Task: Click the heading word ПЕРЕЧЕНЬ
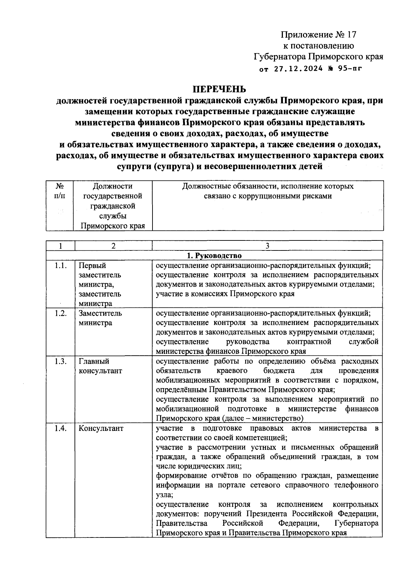pos(219,89)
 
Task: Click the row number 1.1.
pos(61,266)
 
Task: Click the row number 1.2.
pos(61,314)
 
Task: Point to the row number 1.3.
pos(61,361)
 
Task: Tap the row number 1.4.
pos(61,428)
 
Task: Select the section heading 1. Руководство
pos(214,256)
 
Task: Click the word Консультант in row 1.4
pos(101,428)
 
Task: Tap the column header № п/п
pos(60,191)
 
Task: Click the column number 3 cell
pos(267,246)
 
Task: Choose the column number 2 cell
pos(114,246)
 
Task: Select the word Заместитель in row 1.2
pos(100,314)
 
